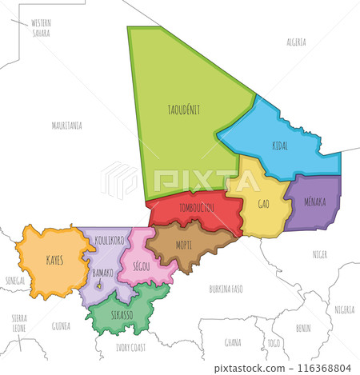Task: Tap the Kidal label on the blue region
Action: click(x=280, y=146)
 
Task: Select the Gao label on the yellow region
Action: click(x=262, y=203)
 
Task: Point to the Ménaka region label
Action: click(x=315, y=201)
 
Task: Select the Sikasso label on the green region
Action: click(x=122, y=315)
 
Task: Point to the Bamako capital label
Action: click(x=103, y=273)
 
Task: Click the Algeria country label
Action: click(x=297, y=41)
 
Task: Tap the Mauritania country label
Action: click(x=67, y=126)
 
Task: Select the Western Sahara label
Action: click(x=41, y=29)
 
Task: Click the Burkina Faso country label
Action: click(x=225, y=287)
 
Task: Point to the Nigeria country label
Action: click(x=345, y=309)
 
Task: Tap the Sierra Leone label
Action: click(x=19, y=323)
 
